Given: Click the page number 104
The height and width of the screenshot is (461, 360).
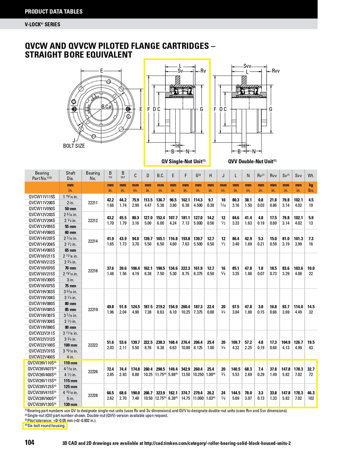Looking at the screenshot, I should pyautogui.click(x=30, y=442).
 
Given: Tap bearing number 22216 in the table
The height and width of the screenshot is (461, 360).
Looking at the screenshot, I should pyautogui.click(x=93, y=271).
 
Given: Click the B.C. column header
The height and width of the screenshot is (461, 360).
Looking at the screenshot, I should pyautogui.click(x=160, y=176).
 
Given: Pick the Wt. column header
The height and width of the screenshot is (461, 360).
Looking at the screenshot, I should pyautogui.click(x=311, y=176).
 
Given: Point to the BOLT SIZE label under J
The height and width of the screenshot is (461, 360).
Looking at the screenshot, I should pyautogui.click(x=74, y=146).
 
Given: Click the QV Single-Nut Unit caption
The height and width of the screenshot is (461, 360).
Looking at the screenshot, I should pyautogui.click(x=183, y=161).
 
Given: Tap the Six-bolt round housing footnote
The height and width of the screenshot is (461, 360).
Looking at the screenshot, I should pyautogui.click(x=45, y=426).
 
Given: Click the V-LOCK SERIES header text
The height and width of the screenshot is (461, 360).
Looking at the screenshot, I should pyautogui.click(x=42, y=24).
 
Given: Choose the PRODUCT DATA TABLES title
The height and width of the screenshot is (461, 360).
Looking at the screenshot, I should pyautogui.click(x=54, y=12).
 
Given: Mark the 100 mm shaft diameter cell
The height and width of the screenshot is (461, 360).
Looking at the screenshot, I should pyautogui.click(x=71, y=345).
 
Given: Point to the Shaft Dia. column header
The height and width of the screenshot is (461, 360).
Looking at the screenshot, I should pyautogui.click(x=71, y=176).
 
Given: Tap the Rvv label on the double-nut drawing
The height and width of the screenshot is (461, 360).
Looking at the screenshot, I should pyautogui.click(x=275, y=71).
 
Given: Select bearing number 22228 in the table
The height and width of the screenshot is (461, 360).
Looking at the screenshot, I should pyautogui.click(x=93, y=395).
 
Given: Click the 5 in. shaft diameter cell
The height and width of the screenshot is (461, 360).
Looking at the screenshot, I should pyautogui.click(x=71, y=398).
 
